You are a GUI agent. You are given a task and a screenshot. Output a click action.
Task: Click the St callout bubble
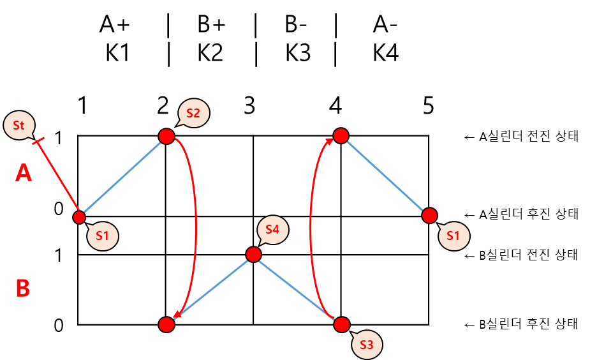coord(18,125)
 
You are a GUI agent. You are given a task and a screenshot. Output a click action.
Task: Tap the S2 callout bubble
coord(193,113)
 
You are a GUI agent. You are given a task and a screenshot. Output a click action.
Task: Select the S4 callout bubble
coord(272,230)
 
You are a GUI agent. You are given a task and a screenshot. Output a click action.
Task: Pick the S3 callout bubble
coord(367,345)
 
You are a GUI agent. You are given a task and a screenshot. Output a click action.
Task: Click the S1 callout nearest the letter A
coord(103,236)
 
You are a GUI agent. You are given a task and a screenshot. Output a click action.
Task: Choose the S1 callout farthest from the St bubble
coord(453,236)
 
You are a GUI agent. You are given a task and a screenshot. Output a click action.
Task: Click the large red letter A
coord(24,173)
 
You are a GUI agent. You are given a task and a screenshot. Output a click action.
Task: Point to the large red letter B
coord(23,289)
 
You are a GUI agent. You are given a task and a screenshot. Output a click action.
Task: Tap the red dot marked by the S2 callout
coord(166,136)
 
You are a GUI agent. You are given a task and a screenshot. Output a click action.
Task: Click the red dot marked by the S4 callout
coord(253,255)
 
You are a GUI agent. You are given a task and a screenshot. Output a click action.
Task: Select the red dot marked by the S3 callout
coord(342,324)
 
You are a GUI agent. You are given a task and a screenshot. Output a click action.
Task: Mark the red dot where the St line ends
coord(79,217)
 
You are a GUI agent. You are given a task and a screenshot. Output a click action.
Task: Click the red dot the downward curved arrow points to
coord(166,324)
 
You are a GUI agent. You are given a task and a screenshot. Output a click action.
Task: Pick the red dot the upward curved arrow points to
coord(341,135)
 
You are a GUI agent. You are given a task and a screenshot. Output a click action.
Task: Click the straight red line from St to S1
coord(59,179)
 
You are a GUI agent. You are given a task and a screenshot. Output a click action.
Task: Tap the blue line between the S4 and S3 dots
coord(297,289)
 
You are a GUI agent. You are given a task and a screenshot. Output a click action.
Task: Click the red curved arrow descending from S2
coord(195,223)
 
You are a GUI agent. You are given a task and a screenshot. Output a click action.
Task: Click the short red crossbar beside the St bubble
coord(38,140)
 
